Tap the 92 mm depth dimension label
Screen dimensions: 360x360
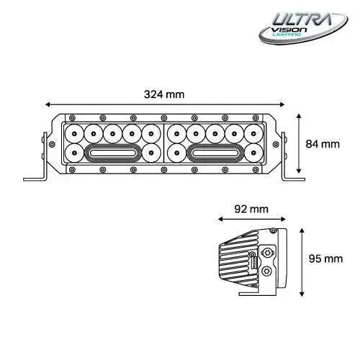pos(252,210)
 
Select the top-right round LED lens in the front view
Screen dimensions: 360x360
pos(252,133)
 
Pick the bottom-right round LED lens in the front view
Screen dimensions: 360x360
pos(252,152)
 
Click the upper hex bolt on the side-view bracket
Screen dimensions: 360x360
pos(268,253)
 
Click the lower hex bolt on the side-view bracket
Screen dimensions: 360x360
pos(268,271)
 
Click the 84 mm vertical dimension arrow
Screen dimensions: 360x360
pos(301,144)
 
